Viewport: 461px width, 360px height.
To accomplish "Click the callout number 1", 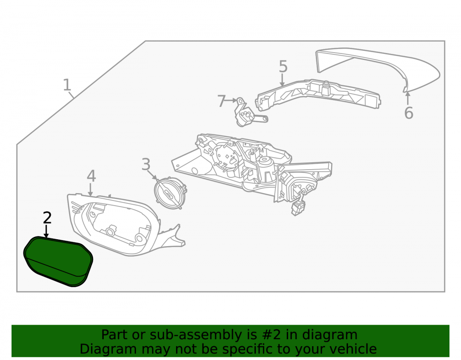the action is point(67,85).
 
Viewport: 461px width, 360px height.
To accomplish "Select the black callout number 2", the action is point(47,218).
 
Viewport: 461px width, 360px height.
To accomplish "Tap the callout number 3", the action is point(146,164).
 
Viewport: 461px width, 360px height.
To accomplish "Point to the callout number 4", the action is point(91,176).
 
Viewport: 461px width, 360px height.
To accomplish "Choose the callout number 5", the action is point(283,66).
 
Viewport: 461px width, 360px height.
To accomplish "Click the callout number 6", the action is point(408,113).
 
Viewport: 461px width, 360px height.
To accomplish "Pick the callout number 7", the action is point(221,101).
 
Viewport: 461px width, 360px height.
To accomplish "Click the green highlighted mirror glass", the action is point(58,261).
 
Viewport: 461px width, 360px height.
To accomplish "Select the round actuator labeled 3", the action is point(170,193).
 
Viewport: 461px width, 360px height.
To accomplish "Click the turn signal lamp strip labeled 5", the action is point(318,94).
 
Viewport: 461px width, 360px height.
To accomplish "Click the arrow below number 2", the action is point(46,231).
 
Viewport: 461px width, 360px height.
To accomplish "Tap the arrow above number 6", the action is point(408,98).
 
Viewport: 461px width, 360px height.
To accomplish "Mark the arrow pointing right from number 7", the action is point(231,100).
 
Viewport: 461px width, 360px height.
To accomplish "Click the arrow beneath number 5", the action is point(282,80).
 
